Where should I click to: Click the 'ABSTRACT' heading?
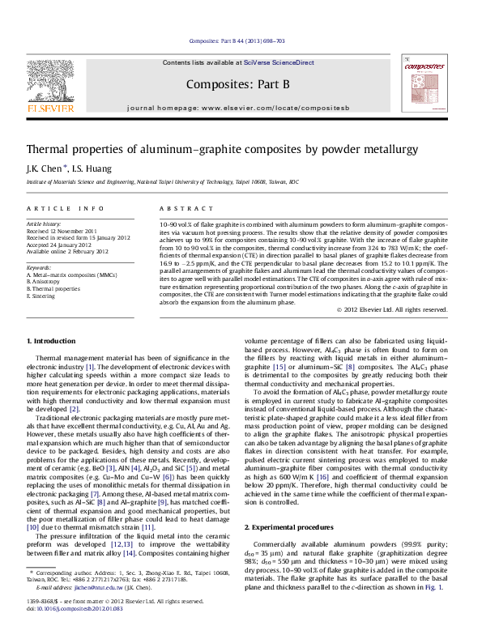coord(179,208)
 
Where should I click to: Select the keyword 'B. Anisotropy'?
coord(47,281)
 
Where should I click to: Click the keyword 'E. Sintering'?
coord(44,296)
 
